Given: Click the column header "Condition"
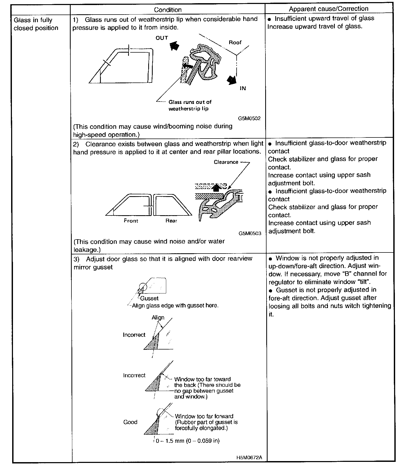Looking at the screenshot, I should tap(168, 10).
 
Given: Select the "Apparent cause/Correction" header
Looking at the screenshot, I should tap(328, 9).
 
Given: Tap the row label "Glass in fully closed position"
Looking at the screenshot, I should tap(36, 24).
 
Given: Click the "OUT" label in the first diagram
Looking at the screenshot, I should tap(162, 38).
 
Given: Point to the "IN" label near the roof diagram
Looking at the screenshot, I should tap(243, 88).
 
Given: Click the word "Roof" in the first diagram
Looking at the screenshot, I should tap(235, 42).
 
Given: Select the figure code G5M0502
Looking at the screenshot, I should tap(249, 118).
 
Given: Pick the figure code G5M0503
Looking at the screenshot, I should tap(250, 233).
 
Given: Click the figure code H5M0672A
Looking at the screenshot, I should tap(249, 457).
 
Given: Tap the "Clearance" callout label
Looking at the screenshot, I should tap(226, 162).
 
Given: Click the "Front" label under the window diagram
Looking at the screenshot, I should tap(131, 220).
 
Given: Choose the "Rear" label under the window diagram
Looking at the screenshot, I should tap(171, 220).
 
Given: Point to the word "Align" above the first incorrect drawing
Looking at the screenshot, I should tap(158, 318).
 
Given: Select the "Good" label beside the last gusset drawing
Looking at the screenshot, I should tap(130, 422).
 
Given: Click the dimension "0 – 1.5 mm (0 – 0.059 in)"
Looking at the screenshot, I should tap(187, 441).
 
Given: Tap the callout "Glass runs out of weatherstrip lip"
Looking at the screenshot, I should tap(190, 105).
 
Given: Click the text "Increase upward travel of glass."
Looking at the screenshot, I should tap(315, 26).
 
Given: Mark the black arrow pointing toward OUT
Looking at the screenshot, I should tap(174, 45).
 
